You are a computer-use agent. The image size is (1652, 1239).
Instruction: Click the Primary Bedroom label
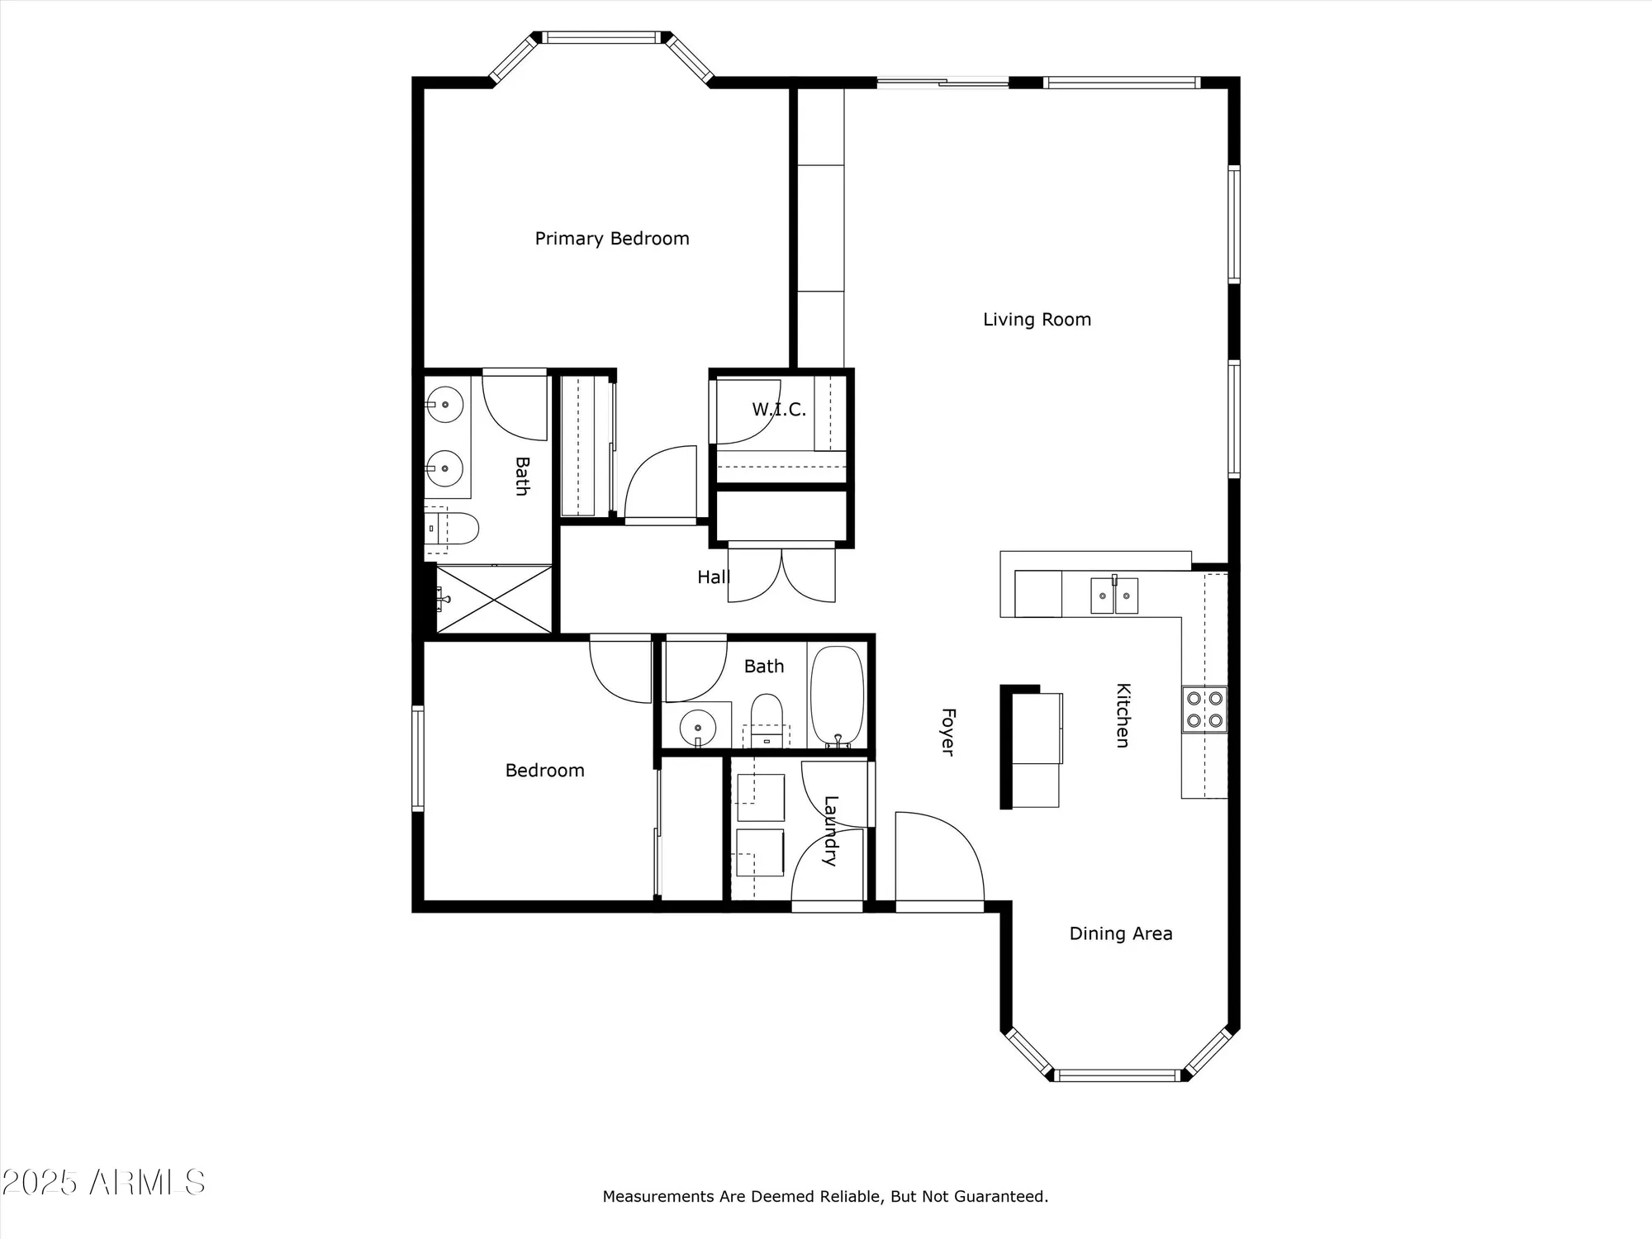click(x=611, y=239)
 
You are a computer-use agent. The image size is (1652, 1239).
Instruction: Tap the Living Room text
click(x=1037, y=320)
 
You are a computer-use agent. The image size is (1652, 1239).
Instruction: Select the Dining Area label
click(x=1120, y=933)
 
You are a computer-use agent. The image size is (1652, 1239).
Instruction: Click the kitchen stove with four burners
click(x=1204, y=710)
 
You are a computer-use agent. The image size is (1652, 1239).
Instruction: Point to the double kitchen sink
click(x=1114, y=595)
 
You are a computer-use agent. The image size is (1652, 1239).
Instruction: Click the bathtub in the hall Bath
click(x=837, y=695)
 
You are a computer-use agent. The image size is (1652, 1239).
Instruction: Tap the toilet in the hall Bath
click(x=767, y=715)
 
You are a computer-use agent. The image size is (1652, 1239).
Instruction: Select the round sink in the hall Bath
click(x=698, y=727)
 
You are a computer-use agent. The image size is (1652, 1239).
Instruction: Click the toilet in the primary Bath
click(x=453, y=528)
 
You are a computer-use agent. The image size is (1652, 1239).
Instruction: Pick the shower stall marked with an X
click(x=493, y=599)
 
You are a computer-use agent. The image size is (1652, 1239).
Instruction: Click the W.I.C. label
click(x=778, y=410)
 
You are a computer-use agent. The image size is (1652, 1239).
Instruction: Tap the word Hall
click(x=713, y=577)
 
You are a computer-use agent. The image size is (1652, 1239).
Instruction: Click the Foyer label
click(x=948, y=731)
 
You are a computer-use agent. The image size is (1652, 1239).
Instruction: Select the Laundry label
click(x=831, y=830)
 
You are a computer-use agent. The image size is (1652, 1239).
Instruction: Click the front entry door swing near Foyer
click(x=939, y=859)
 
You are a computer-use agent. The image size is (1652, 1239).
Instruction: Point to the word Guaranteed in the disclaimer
click(x=999, y=1196)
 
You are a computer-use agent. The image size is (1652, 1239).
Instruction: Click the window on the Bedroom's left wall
click(x=418, y=758)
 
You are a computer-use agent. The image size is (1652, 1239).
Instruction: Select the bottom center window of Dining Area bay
click(x=1119, y=1075)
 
